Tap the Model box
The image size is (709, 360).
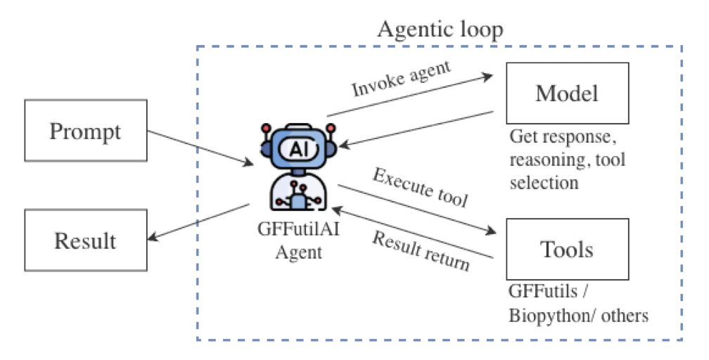coord(567,93)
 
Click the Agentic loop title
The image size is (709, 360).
coord(440,30)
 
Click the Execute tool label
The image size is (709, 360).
coord(420,188)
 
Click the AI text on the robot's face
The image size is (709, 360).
coord(296,148)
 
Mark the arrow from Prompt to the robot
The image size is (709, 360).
coord(201,148)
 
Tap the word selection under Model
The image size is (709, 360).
coord(544,183)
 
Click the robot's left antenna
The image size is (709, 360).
coord(267,129)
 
